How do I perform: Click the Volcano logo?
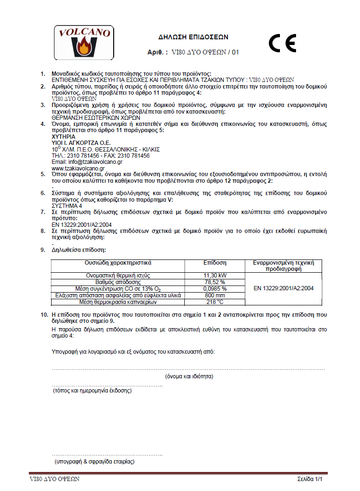[x=83, y=42]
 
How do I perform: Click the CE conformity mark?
[x=282, y=43]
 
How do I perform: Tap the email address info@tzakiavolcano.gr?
[x=83, y=161]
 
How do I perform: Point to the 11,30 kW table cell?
[x=215, y=275]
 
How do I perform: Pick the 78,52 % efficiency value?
[x=215, y=282]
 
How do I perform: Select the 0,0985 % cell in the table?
[x=215, y=288]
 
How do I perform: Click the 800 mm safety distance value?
[x=215, y=295]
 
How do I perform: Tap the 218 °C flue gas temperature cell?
[x=215, y=302]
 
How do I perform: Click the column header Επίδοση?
[x=215, y=262]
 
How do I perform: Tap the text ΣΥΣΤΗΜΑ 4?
[x=66, y=206]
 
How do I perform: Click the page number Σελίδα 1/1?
[x=313, y=479]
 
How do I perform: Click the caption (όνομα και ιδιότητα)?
[x=189, y=376]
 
